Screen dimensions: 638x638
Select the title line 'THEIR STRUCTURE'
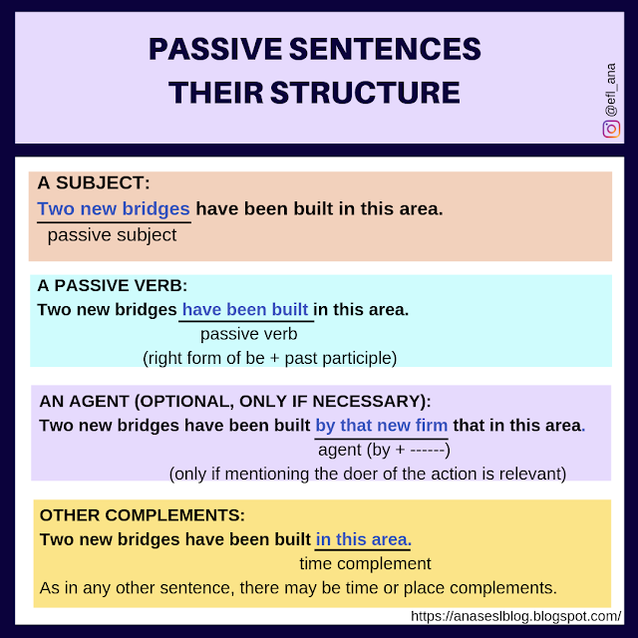[315, 93]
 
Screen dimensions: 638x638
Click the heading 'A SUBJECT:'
[94, 183]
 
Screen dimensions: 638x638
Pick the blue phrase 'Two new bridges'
[114, 209]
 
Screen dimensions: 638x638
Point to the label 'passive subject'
[112, 235]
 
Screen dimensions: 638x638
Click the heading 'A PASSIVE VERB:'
[113, 285]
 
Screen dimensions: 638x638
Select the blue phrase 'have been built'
[245, 309]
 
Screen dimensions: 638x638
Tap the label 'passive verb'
[249, 334]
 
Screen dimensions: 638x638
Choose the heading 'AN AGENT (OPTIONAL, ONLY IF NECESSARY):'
[235, 401]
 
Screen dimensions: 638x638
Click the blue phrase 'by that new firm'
[382, 425]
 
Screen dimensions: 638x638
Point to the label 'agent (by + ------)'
[384, 450]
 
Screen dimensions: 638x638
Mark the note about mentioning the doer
[368, 474]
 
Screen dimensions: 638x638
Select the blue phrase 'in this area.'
[364, 539]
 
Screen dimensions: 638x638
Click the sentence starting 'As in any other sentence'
[298, 588]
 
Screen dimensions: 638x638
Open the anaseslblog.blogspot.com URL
[516, 615]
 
